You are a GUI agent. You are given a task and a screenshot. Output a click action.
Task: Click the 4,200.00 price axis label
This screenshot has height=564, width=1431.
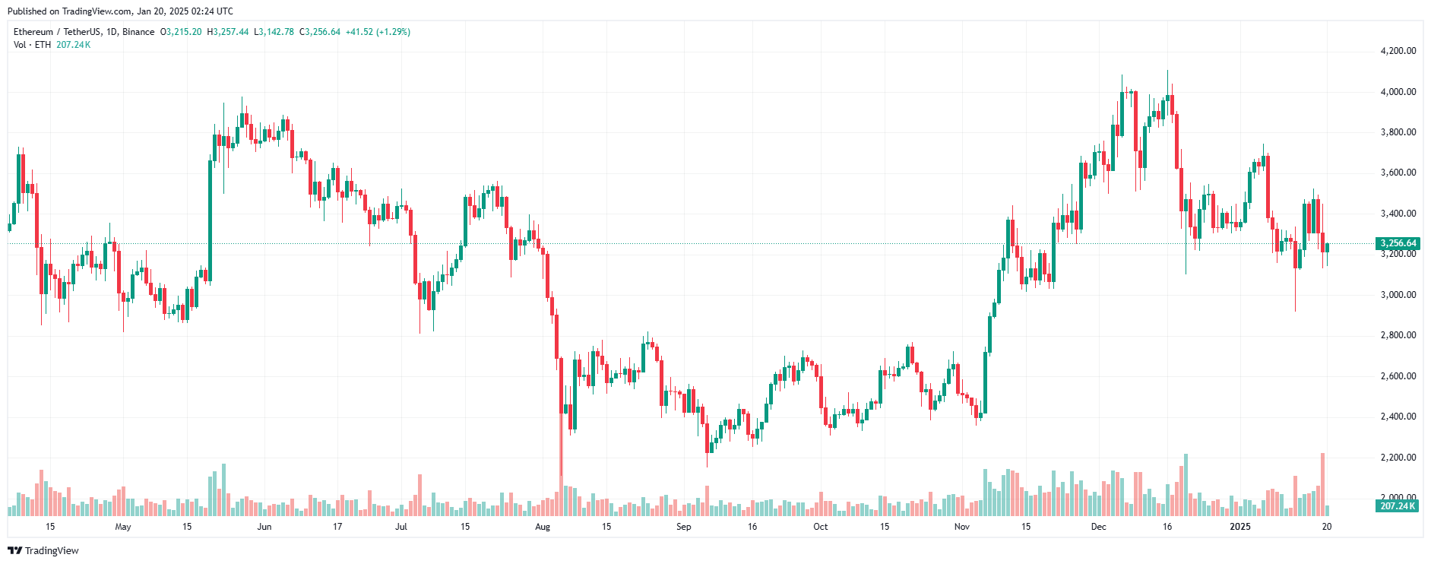coord(1398,51)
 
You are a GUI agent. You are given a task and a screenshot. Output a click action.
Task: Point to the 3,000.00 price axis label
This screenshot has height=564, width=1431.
coord(1398,295)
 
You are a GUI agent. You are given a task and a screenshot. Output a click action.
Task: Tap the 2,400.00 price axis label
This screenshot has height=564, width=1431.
coord(1398,417)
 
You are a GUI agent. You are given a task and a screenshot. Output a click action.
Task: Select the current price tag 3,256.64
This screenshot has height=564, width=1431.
coord(1398,243)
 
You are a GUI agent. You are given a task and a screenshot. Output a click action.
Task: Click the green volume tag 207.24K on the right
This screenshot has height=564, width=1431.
coord(1398,505)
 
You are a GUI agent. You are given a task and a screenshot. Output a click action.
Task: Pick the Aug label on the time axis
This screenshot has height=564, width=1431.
coord(543,527)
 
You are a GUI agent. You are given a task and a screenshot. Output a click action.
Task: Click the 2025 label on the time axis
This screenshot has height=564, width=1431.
coord(1240,527)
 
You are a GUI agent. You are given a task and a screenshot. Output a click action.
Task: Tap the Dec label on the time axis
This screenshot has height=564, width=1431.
coord(1099,527)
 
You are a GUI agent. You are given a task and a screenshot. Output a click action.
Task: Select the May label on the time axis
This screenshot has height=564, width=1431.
coord(123,527)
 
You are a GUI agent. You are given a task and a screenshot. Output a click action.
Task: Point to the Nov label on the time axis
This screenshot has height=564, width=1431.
coord(962,527)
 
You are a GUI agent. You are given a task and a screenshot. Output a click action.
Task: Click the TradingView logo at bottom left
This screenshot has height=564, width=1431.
coord(43,550)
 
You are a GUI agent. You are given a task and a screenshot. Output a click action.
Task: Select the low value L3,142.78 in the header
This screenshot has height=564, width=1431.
coord(274,32)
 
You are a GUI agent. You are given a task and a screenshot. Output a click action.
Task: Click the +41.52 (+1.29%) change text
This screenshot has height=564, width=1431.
coord(378,32)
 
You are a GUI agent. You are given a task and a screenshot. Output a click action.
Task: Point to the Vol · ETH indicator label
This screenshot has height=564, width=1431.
coord(33,45)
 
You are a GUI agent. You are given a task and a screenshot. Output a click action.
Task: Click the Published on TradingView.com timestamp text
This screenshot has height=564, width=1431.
coord(120,11)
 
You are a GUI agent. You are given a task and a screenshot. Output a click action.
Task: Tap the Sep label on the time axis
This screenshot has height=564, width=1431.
coord(684,527)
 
